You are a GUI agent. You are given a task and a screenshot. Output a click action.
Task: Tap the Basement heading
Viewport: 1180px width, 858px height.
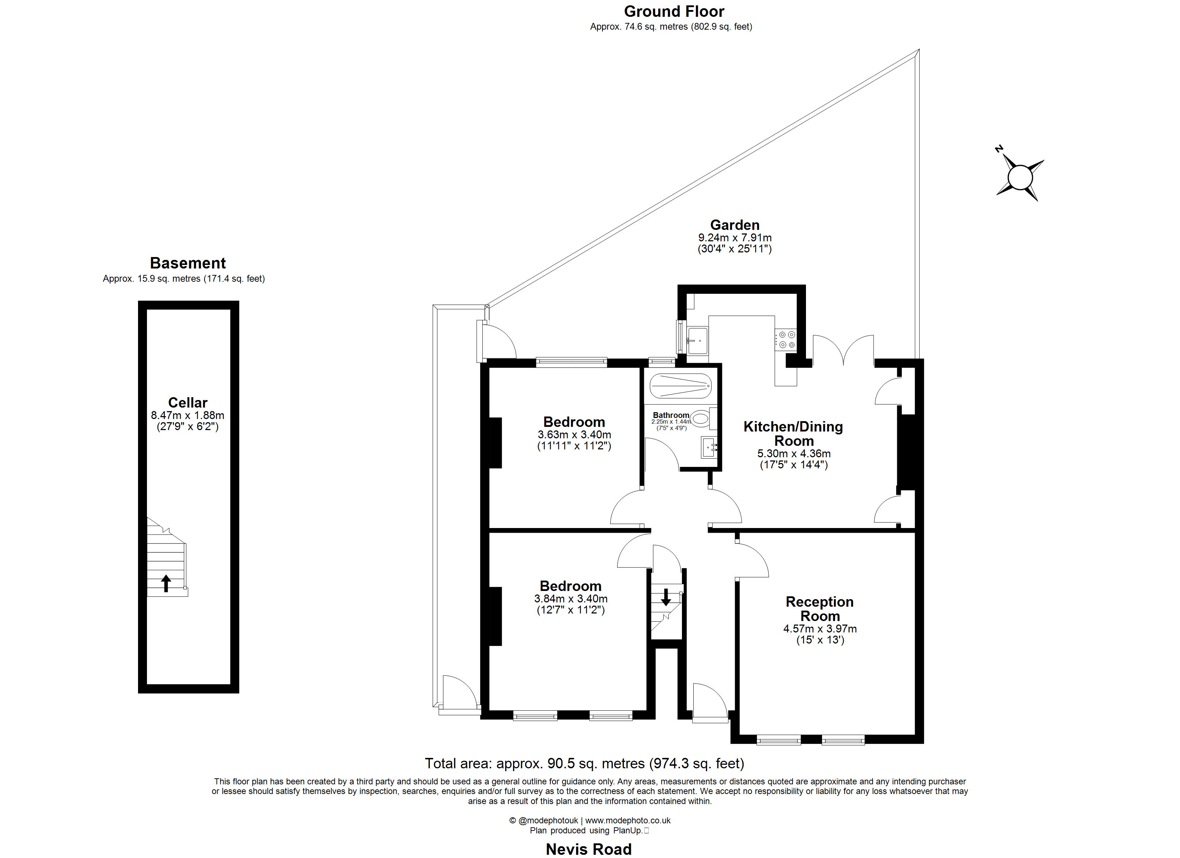tap(188, 263)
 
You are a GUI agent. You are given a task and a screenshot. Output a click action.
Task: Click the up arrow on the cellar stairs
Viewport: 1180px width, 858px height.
tap(166, 583)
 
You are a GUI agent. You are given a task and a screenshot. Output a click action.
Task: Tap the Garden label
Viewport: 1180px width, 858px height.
tap(734, 225)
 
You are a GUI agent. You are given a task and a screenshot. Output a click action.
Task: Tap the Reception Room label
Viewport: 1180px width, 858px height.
tap(820, 609)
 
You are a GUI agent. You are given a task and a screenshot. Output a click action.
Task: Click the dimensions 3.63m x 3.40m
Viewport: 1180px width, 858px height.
tap(574, 434)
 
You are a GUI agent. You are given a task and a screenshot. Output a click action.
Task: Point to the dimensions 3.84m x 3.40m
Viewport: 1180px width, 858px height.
tap(571, 599)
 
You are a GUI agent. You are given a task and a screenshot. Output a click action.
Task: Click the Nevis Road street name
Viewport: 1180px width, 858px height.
tap(589, 849)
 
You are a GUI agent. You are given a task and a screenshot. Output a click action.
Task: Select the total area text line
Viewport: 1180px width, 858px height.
tap(584, 763)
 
